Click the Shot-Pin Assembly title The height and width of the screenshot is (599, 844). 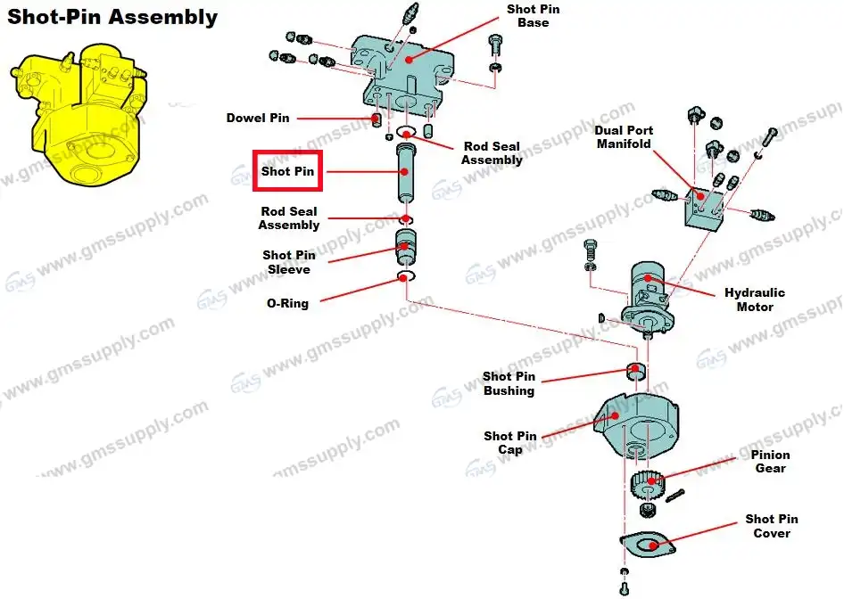click(112, 17)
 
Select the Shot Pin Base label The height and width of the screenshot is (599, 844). click(534, 15)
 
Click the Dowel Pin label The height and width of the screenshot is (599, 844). click(257, 118)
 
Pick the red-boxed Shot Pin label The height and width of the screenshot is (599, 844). click(287, 171)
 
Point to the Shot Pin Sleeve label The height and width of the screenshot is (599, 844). click(288, 262)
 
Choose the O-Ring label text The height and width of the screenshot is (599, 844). click(287, 303)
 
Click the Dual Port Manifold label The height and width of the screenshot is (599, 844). click(624, 136)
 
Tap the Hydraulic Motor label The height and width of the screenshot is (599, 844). click(755, 299)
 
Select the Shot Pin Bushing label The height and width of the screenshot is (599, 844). click(509, 383)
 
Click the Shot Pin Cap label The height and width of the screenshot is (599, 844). click(510, 443)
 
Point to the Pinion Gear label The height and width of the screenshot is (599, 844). click(769, 462)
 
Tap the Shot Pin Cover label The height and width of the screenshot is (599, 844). click(772, 526)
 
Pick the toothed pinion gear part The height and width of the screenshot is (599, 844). click(646, 487)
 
